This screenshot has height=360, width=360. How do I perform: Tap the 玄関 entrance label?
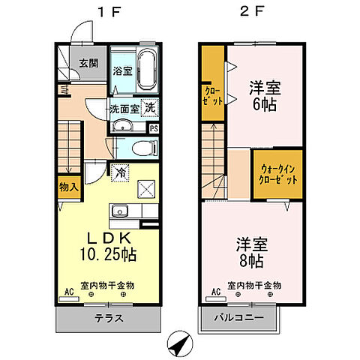pyautogui.click(x=88, y=63)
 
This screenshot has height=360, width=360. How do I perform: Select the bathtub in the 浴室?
pyautogui.click(x=145, y=69)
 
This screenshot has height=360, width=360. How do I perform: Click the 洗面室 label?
pyautogui.click(x=124, y=108)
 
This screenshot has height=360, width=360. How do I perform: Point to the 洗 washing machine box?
pyautogui.click(x=150, y=107)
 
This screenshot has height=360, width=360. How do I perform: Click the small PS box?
pyautogui.click(x=154, y=128)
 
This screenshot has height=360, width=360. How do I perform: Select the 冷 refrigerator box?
pyautogui.click(x=121, y=171)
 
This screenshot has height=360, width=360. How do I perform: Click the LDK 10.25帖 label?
pyautogui.click(x=106, y=247)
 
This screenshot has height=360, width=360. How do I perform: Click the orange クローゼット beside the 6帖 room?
pyautogui.click(x=213, y=97)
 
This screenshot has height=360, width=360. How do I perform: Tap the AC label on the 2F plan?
pyautogui.click(x=214, y=291)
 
